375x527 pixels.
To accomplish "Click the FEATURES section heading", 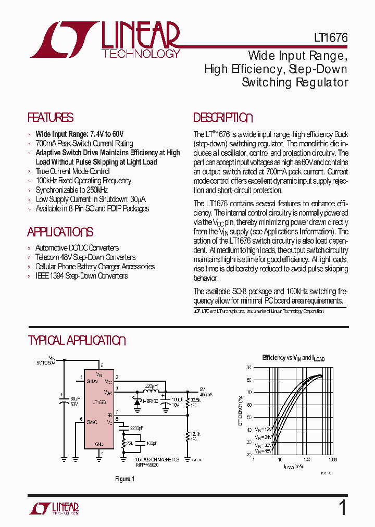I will pos(50,118).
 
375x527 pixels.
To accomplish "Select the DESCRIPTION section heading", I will pos(223,118).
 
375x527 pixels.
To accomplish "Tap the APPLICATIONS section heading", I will pos(60,232).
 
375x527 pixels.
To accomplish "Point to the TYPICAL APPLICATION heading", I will pos(76,341).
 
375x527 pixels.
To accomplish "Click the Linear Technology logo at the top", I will pos(104,40).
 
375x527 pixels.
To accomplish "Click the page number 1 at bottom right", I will pos(342,507).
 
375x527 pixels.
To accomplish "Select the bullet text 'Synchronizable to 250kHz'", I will pos(72,190).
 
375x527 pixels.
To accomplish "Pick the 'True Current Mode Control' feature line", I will pos(72,171).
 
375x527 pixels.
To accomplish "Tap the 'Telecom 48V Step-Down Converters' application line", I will pos(85,257).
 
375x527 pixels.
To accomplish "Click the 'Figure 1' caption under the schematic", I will pos(124,479).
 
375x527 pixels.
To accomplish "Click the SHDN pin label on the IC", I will pos(92,381).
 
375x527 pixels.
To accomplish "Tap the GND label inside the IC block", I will pos(99,444).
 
